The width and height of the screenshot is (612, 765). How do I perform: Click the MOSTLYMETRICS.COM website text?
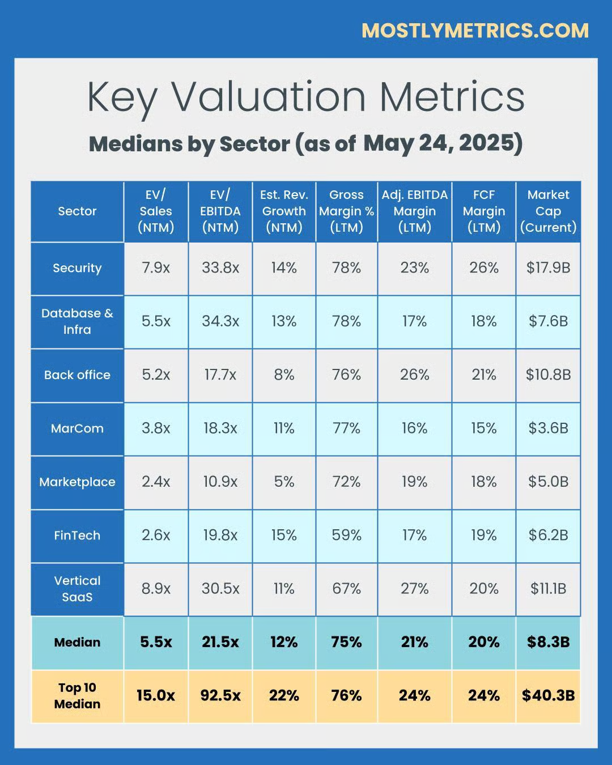pos(475,31)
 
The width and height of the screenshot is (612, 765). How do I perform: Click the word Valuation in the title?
pos(269,96)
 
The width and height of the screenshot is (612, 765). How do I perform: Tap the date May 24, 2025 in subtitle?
pos(442,143)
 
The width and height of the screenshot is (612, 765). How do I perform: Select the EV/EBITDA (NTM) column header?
pos(220,211)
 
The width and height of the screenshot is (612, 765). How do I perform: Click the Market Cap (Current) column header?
pos(548,211)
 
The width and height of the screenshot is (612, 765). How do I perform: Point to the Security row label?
pos(77,268)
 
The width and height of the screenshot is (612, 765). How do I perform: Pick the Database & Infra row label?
pos(77,321)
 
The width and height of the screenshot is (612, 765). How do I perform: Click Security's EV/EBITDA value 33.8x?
pos(220,268)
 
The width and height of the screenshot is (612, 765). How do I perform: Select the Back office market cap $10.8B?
pos(548,375)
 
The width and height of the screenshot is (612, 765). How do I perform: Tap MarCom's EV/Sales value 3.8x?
pos(156,428)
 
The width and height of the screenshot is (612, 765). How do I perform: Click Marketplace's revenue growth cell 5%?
pos(284,482)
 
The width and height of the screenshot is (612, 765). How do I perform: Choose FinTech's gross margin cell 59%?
pos(346,535)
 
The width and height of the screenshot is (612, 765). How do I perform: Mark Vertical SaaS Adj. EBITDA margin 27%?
pos(414,589)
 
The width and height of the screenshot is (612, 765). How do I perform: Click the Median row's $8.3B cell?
pos(548,642)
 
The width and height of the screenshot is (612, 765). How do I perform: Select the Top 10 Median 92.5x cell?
pos(220,696)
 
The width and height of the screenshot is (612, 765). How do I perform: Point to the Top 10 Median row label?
pos(77,696)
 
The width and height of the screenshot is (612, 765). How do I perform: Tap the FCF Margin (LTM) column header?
pos(483,211)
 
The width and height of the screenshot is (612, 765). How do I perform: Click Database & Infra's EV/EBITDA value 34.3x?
pos(220,321)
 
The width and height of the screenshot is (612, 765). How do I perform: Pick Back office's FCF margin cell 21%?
pos(483,375)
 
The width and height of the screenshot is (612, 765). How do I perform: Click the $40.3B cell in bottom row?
pos(548,696)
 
